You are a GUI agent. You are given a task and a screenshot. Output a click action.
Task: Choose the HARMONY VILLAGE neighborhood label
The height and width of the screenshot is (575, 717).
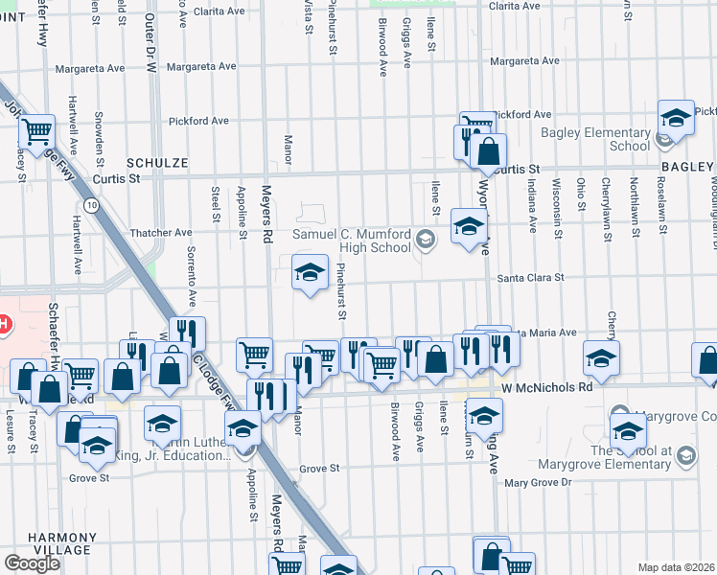35,544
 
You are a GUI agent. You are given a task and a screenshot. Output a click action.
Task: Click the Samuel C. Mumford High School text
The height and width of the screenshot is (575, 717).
351,241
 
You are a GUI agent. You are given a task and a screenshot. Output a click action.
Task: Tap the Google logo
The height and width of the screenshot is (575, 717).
32,563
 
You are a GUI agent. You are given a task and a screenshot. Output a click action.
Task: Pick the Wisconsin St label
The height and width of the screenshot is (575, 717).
555,205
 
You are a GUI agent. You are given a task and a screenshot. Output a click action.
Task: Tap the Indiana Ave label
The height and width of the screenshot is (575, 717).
531,208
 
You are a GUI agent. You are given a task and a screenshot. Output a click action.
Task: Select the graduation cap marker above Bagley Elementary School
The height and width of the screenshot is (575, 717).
676,118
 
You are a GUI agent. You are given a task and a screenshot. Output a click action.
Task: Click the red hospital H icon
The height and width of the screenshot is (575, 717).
4,325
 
